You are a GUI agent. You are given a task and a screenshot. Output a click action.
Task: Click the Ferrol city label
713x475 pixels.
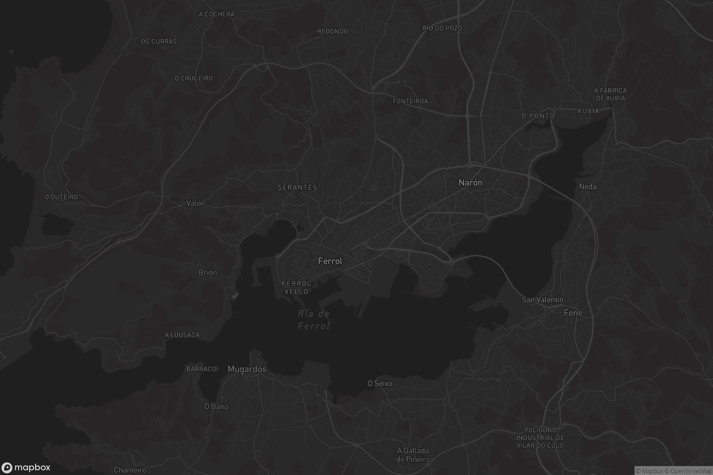330,261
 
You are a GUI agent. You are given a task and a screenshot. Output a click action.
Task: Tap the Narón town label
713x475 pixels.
470,183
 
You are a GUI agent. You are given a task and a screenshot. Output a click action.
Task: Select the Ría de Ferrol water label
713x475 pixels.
314,320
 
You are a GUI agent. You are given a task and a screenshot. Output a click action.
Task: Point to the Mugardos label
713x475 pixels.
247,369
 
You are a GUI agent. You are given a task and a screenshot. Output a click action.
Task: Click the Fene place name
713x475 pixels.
573,313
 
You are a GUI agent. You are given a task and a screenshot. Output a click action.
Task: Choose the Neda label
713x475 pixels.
588,187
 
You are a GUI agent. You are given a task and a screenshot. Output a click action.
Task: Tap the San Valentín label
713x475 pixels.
542,300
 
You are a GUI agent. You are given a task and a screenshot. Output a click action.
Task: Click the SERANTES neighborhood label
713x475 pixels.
297,188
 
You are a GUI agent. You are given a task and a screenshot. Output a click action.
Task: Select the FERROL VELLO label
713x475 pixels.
296,287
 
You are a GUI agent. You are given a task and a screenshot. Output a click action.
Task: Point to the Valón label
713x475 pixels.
195,203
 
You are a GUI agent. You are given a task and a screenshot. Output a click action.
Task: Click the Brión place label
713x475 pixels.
207,273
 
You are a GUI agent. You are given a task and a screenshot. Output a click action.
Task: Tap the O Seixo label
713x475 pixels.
380,384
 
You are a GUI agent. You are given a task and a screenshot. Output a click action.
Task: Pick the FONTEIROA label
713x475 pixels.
410,101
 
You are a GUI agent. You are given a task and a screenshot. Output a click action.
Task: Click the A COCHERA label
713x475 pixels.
217,14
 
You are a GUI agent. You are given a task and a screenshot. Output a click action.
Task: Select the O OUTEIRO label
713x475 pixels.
61,197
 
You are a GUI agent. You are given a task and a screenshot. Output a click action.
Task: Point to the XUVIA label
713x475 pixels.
588,111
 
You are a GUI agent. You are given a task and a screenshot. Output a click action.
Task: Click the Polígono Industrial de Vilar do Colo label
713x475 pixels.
540,438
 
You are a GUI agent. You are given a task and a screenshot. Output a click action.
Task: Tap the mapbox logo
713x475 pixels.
26,467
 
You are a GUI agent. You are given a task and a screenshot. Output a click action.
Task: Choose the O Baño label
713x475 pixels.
216,406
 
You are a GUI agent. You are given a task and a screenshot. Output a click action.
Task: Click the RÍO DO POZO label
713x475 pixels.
442,28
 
